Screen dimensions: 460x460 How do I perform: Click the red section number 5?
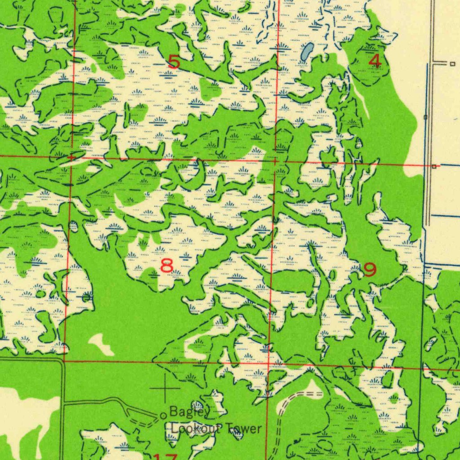pos(174,62)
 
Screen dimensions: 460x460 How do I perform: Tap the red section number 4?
pos(375,61)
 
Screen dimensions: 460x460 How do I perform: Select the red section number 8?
pos(167,266)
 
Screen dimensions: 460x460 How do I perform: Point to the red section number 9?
pos(370,270)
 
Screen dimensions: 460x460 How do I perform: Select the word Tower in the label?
pos(243,429)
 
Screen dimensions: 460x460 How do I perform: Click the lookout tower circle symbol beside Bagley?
pos(163,416)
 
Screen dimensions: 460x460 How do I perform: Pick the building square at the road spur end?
pos(452,64)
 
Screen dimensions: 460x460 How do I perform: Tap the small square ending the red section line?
pos(434,166)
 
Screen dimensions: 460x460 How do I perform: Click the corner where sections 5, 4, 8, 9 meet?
pos(275,160)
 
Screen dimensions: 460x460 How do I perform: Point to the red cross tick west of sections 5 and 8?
pos(71,157)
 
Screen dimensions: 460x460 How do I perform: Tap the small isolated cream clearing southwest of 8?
pos(102,344)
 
